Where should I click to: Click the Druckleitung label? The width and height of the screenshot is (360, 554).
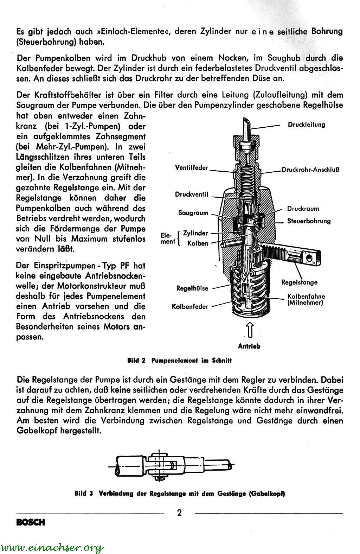(306, 125)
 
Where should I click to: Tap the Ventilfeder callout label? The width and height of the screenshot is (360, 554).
(192, 168)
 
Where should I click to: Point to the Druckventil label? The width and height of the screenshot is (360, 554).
(192, 195)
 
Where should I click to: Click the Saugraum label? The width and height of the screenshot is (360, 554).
(193, 213)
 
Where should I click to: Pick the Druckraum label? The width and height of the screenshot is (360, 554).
(303, 209)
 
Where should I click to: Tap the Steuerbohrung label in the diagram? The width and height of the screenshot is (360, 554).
(309, 221)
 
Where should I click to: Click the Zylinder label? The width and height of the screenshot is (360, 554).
(195, 233)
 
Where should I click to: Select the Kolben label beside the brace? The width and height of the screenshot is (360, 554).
(198, 243)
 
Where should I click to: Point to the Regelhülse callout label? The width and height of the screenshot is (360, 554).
(192, 288)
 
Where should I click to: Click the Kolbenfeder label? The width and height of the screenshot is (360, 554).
(190, 307)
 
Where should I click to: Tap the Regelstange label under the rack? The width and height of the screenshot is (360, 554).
(300, 282)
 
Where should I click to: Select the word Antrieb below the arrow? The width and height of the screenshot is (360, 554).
(249, 346)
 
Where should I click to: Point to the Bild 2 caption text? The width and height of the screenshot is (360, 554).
(179, 361)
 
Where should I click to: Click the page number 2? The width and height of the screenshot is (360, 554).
(179, 512)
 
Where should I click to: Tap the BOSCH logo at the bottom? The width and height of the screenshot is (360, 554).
(31, 522)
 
